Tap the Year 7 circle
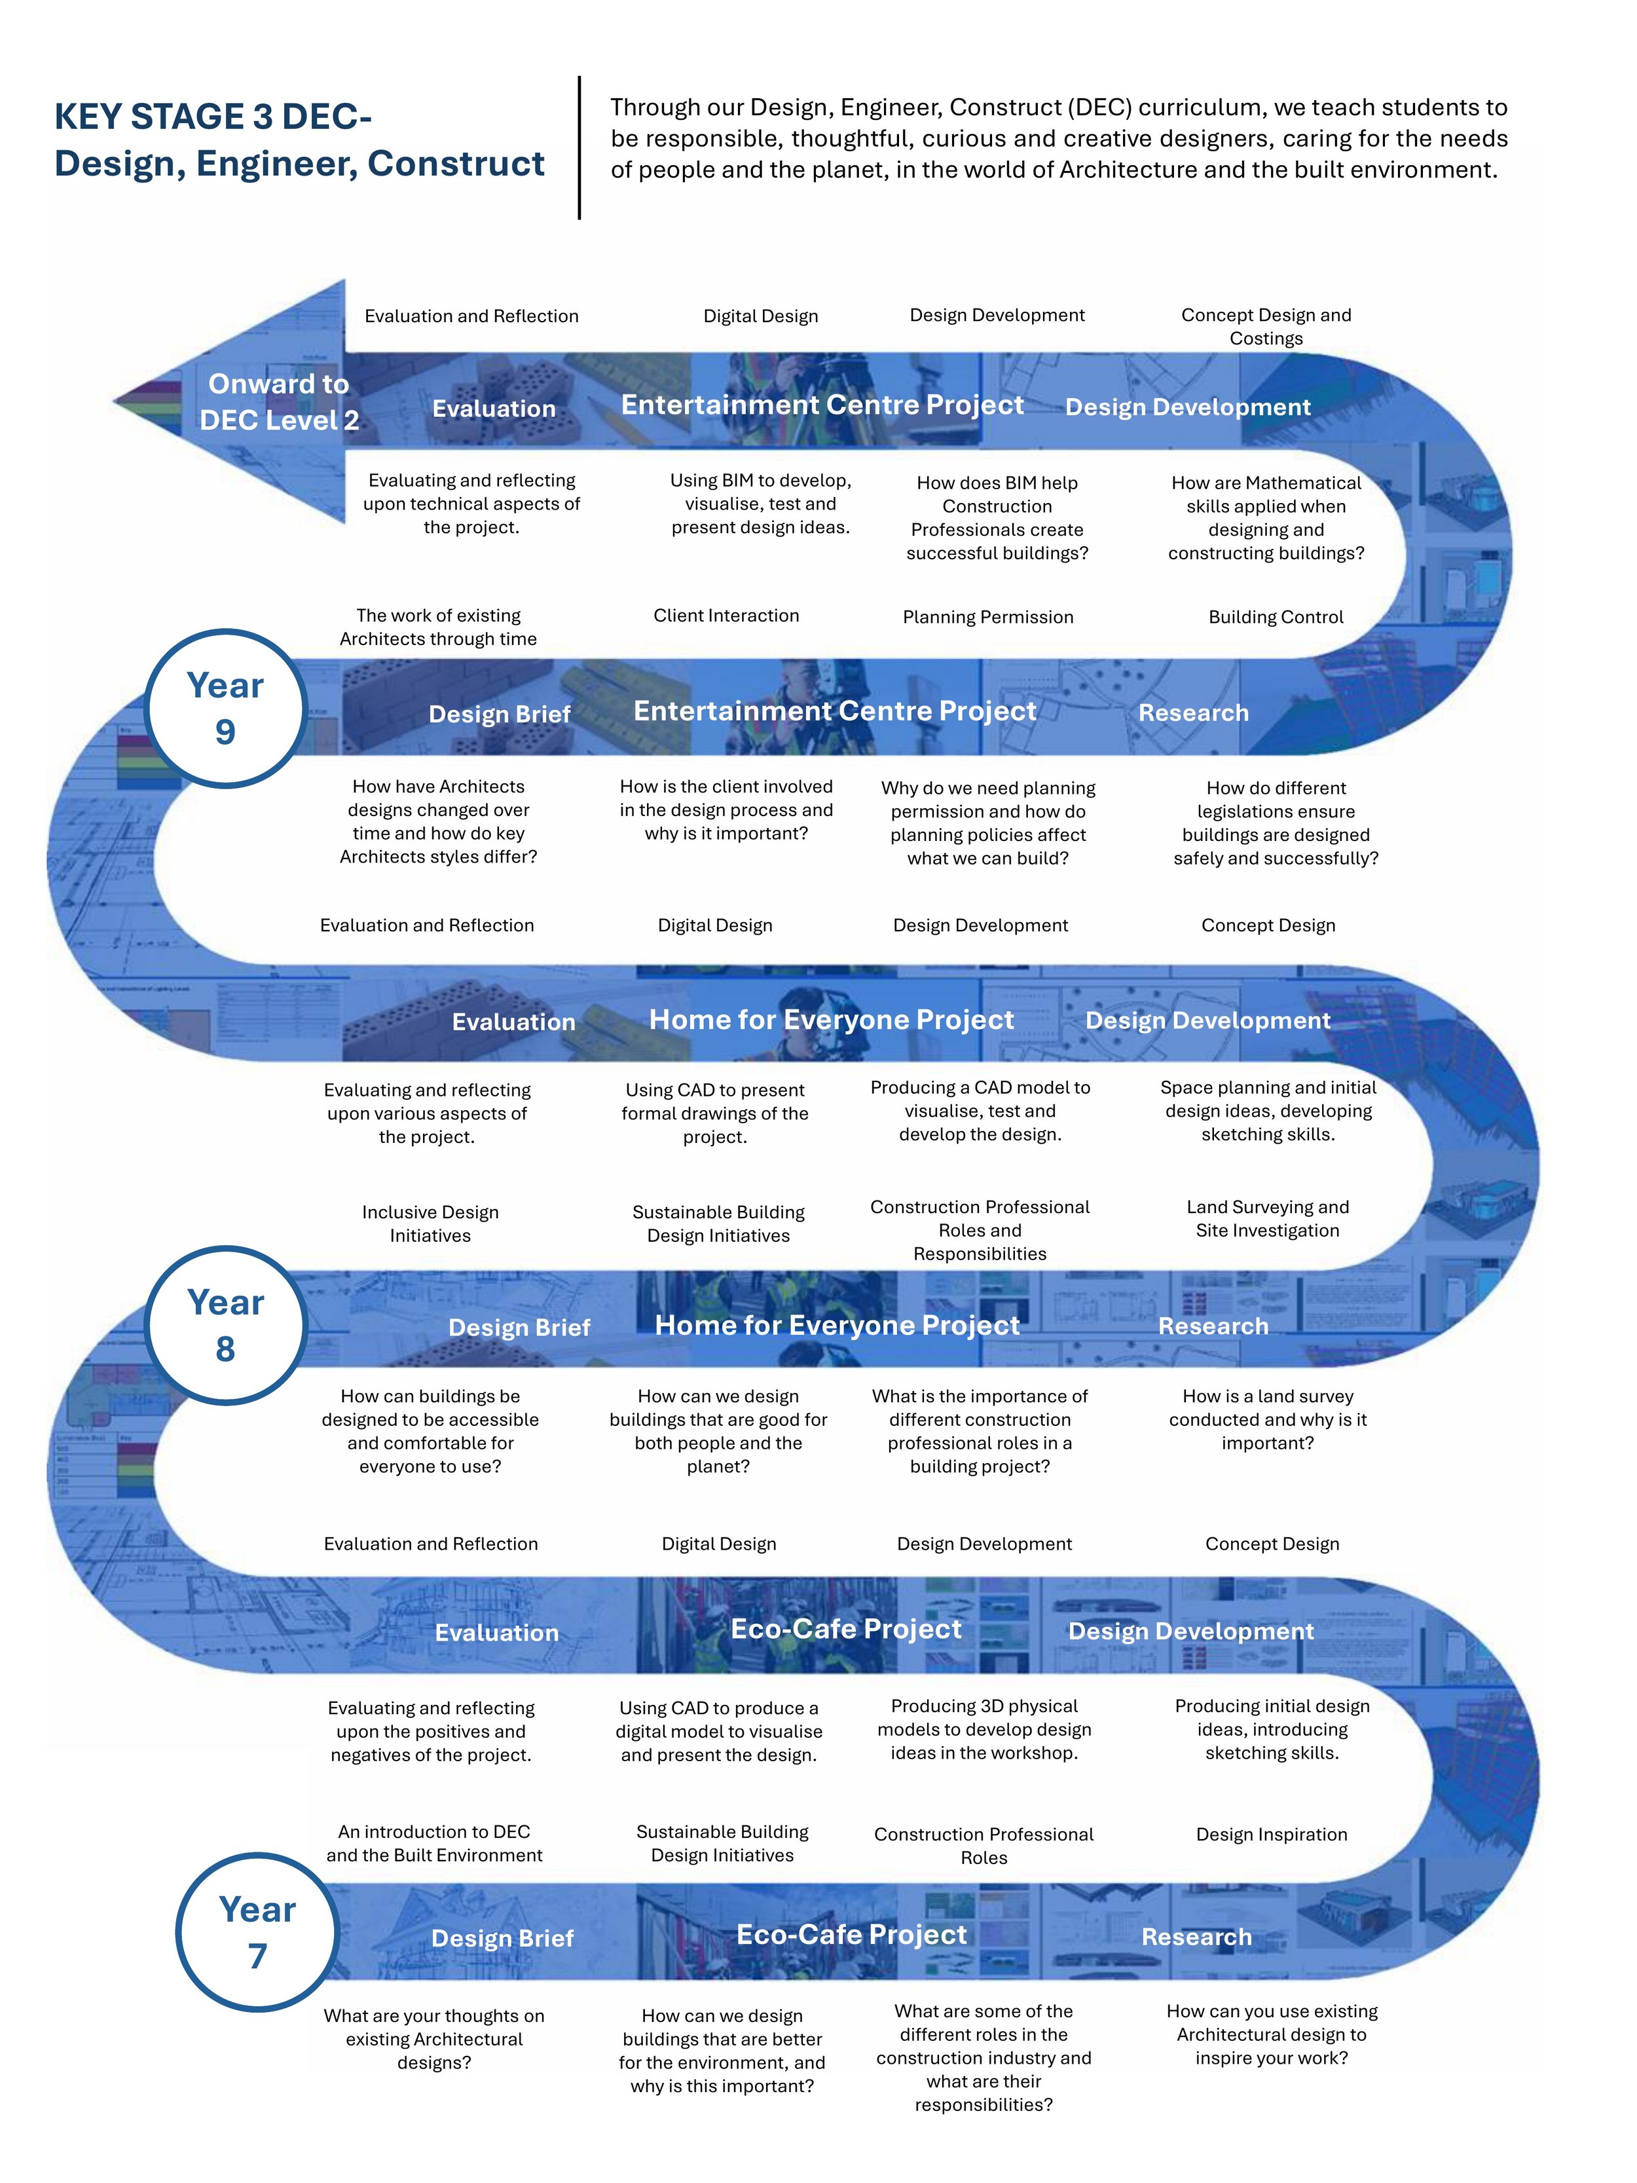coord(257,1931)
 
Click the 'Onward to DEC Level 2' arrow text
coord(278,401)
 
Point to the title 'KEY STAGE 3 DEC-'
coord(213,117)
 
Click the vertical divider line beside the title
coord(579,148)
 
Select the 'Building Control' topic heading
coord(1275,617)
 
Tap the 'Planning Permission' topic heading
coord(987,617)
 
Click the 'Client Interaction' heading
coord(726,615)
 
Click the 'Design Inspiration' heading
coord(1271,1834)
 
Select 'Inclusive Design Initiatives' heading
coord(430,1223)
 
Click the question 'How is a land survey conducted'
coord(1267,1419)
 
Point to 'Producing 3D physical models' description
coord(984,1729)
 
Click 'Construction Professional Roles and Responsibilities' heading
coord(979,1229)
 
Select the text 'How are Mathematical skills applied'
coord(1266,517)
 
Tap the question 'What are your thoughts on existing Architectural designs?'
coord(434,2039)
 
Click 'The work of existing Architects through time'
coord(438,627)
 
